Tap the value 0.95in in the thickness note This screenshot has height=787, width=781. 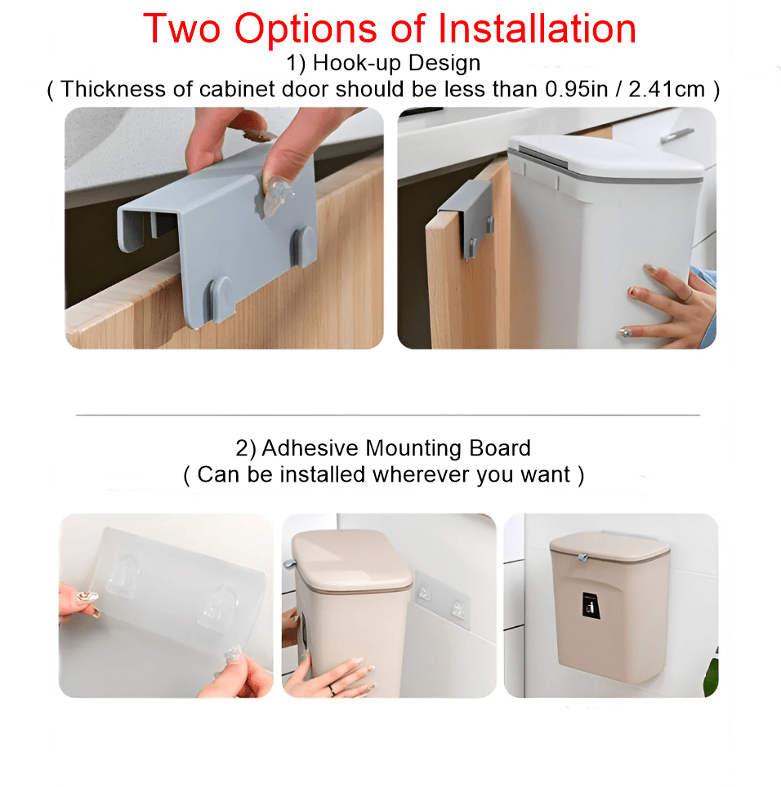575,89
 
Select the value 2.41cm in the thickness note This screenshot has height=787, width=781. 667,89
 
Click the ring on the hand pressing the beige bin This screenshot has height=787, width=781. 331,689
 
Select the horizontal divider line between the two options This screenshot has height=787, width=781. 388,415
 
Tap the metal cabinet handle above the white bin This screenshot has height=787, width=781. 676,133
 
